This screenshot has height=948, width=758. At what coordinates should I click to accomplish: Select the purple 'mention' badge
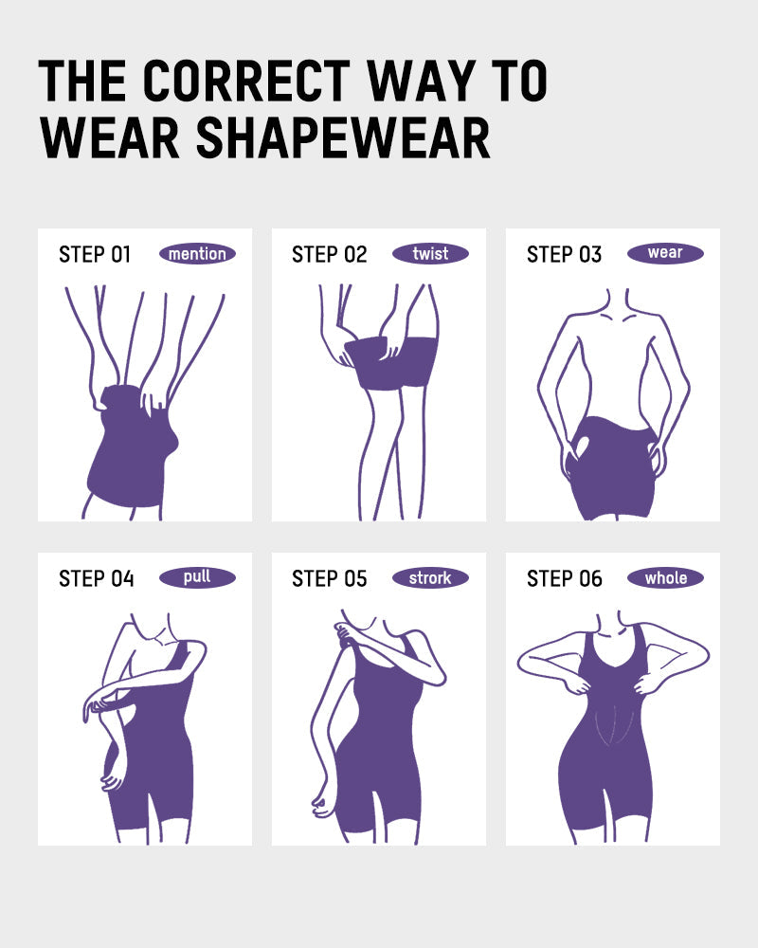197,254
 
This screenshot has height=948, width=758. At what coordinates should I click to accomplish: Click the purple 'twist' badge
430,254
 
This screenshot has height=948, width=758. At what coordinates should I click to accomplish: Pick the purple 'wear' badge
665,253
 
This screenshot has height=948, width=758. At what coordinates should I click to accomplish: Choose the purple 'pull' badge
197,577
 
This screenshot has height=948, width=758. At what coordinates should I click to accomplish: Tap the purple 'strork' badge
430,577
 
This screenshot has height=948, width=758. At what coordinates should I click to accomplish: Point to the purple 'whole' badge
665,577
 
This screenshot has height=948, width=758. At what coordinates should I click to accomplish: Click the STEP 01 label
95,255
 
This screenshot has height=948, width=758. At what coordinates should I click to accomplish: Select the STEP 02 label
329,255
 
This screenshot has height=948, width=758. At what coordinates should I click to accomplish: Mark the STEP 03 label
564,255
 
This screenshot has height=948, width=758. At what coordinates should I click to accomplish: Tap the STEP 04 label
96,578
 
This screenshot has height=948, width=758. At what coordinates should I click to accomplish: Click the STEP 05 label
329,578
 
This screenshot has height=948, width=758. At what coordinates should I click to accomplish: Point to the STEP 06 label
564,578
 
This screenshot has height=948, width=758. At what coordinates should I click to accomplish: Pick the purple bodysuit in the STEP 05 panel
379,749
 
